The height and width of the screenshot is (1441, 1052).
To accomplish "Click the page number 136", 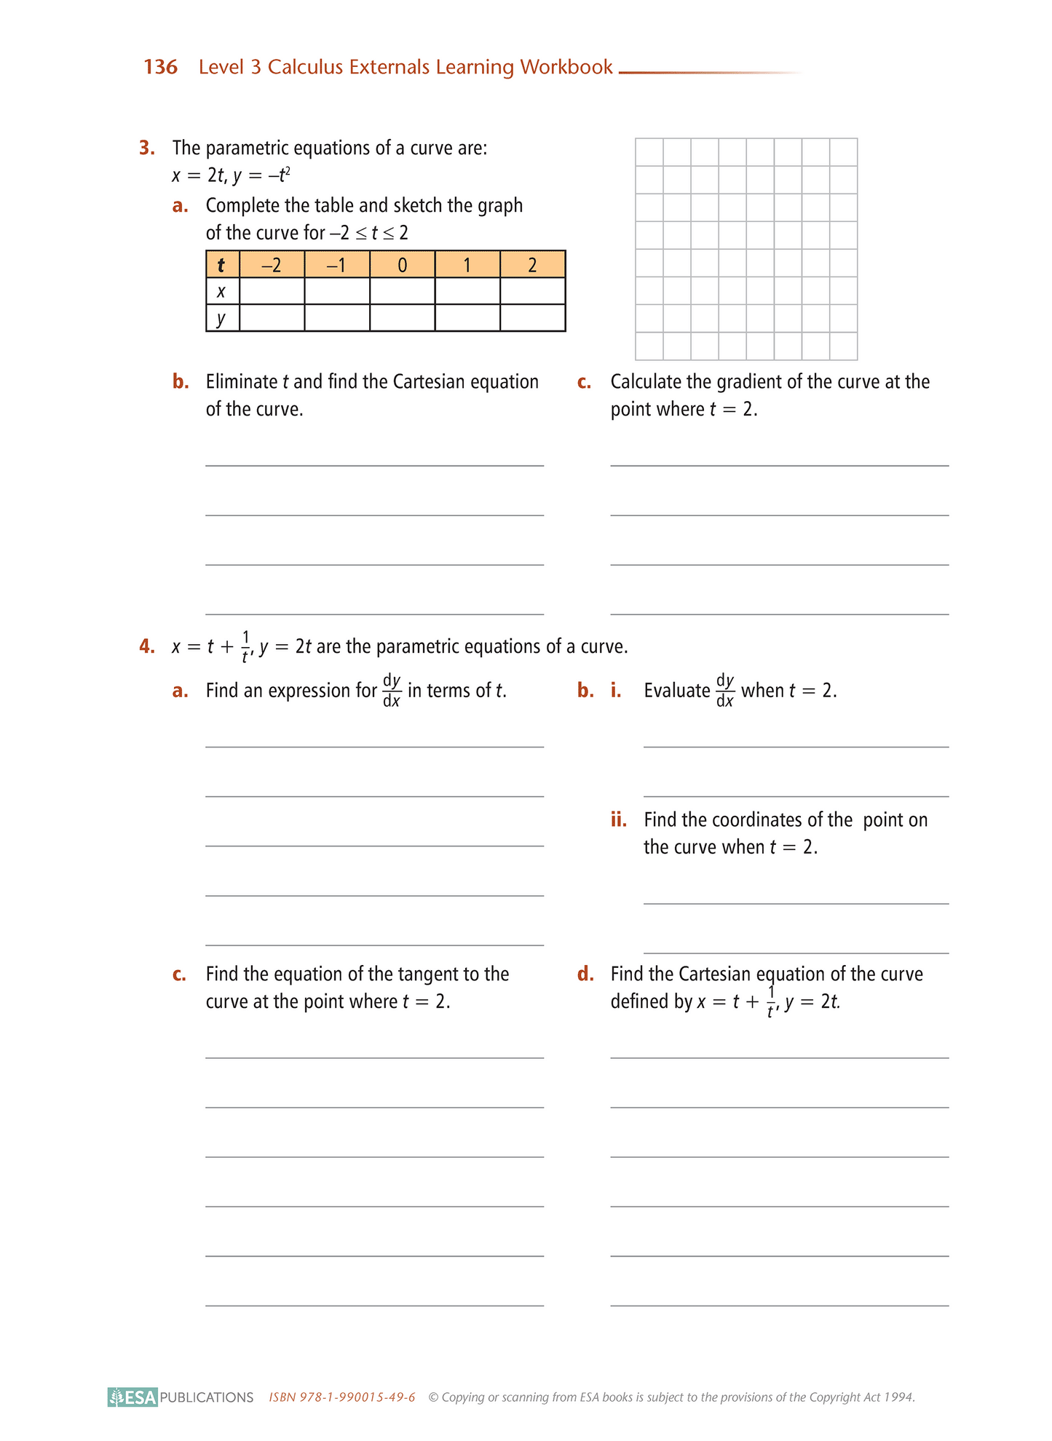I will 160,67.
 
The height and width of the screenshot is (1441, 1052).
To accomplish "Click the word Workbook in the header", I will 566,67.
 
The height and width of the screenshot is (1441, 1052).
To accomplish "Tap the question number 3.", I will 147,148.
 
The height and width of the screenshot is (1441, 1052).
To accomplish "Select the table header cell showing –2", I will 272,265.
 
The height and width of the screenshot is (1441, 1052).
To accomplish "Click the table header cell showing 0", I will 402,265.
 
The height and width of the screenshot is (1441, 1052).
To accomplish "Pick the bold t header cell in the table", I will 222,265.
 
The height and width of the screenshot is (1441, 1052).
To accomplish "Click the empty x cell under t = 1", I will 467,292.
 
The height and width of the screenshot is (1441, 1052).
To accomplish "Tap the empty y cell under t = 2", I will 532,318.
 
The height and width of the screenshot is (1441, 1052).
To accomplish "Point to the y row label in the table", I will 222,318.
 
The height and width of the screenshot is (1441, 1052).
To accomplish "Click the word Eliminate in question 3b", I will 242,382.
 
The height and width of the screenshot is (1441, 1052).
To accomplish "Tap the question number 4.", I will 147,646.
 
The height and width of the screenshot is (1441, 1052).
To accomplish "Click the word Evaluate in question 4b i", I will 677,691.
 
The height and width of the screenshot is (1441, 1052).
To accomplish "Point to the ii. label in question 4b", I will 619,820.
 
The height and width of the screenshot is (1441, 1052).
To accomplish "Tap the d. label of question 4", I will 585,974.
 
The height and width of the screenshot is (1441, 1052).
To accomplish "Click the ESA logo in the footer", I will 133,1397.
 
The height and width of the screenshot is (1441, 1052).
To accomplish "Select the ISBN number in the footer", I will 342,1397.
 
